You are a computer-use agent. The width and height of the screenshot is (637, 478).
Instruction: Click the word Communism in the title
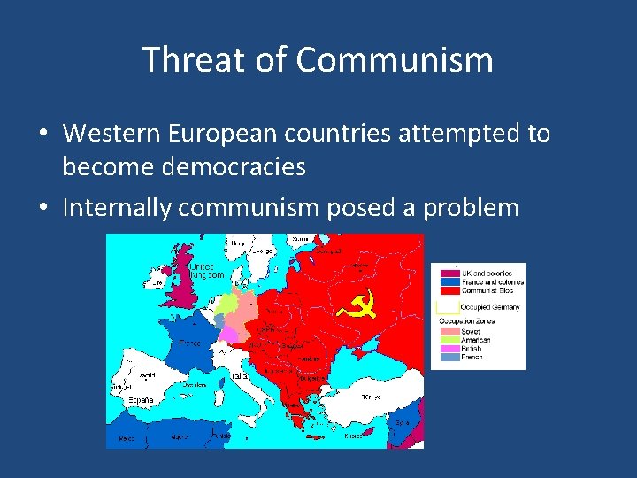(395, 61)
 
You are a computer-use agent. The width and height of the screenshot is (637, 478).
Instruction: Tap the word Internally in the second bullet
(116, 207)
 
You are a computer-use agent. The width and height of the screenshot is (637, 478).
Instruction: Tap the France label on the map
(189, 343)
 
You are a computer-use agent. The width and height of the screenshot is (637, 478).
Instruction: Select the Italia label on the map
(240, 376)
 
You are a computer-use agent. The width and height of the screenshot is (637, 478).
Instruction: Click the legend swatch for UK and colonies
(449, 274)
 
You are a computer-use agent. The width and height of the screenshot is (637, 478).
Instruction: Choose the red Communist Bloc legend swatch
(449, 290)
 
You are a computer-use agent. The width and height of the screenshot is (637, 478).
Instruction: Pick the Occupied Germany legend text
(490, 307)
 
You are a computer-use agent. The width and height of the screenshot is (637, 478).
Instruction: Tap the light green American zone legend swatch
(449, 340)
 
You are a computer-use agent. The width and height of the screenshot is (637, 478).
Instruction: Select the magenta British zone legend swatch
(449, 349)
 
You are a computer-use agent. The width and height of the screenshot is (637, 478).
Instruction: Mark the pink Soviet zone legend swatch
(449, 332)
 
